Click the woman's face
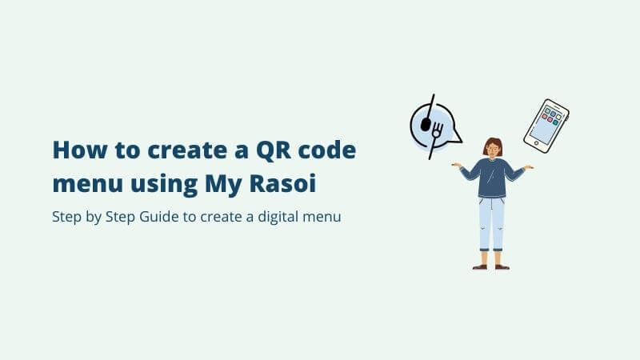492,150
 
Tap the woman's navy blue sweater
491,178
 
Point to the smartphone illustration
546,126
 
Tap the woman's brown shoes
490,266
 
